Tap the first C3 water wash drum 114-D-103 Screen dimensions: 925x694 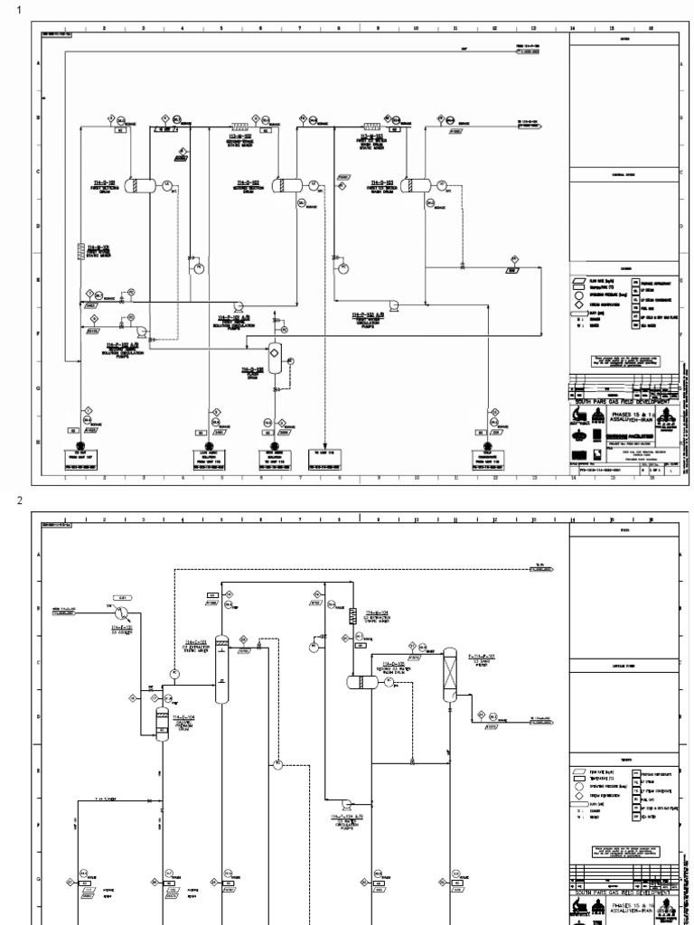(415, 184)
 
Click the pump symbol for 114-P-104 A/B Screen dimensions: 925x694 (346, 803)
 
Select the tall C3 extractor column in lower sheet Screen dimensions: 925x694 (222, 668)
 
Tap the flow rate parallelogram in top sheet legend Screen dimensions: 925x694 (579, 283)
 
